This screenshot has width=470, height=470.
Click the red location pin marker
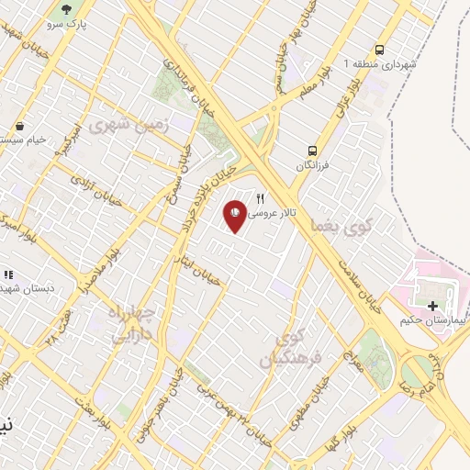point(235,216)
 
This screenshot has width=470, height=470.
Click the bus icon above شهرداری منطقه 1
point(379,50)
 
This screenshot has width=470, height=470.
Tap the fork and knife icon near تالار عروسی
point(261,197)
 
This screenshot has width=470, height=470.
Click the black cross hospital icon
point(432,305)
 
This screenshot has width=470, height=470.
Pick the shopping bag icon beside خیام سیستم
point(20,126)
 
